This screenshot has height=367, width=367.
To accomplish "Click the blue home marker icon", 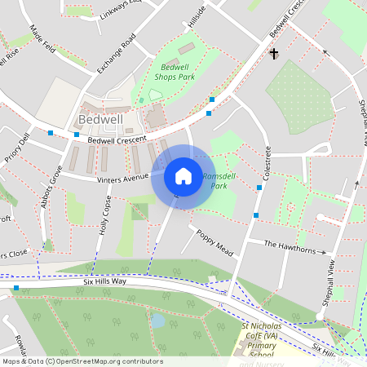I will click(x=183, y=175).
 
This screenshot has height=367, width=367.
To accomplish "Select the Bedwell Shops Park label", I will click(x=176, y=72).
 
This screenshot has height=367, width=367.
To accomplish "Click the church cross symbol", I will click(x=273, y=54).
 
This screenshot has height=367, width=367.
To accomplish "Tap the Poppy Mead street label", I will click(x=214, y=241).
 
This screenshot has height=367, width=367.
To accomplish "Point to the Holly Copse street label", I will click(x=104, y=217).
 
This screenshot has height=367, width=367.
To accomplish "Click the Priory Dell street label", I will click(x=16, y=149).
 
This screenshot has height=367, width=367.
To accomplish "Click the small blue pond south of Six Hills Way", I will click(x=158, y=321).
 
